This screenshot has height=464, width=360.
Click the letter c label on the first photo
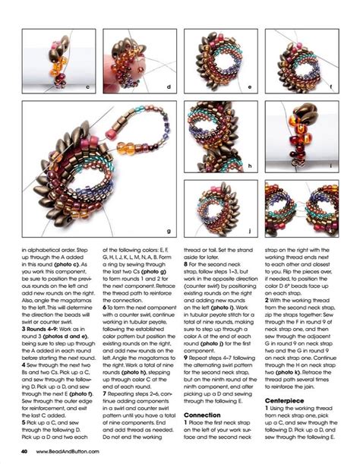(x=88, y=87)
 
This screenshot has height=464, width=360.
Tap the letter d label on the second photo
(x=169, y=87)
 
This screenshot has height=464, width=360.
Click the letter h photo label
(x=250, y=166)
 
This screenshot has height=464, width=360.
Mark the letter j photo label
(x=250, y=230)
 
